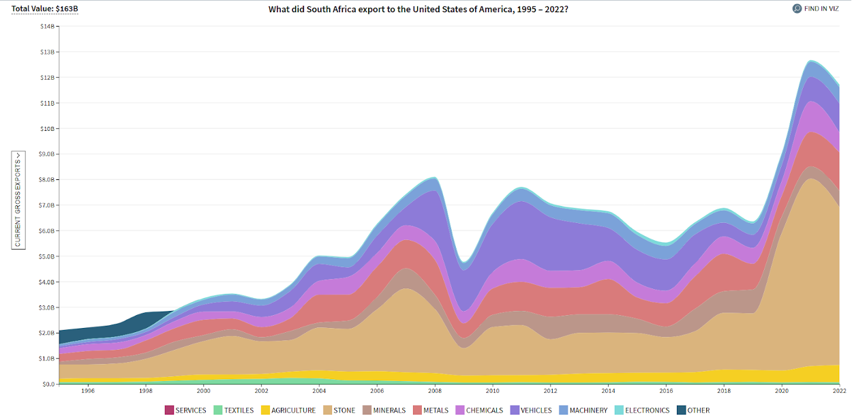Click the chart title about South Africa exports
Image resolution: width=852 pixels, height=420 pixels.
[x=418, y=9]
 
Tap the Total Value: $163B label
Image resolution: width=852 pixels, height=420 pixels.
[x=44, y=9]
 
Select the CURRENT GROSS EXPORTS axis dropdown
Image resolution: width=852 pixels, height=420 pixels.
[x=18, y=200]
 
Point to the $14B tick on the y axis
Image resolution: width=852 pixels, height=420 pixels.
[x=48, y=27]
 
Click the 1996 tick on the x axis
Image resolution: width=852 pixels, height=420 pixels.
[x=87, y=391]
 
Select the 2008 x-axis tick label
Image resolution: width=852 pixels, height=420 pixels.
[x=435, y=391]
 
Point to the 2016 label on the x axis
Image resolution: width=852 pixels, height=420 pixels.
[x=667, y=391]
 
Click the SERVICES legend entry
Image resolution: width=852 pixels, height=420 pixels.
[x=185, y=410]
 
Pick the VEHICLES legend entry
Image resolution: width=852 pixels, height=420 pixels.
[x=530, y=410]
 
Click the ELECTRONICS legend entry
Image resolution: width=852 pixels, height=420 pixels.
[x=642, y=410]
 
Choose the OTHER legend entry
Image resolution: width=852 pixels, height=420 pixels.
[x=693, y=410]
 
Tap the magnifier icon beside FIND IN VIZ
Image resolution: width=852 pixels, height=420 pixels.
[x=797, y=9]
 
